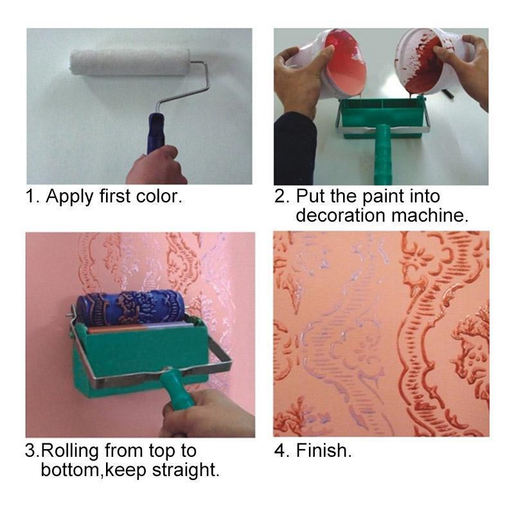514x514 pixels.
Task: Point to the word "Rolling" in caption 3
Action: (x=71, y=450)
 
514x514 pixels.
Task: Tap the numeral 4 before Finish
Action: (x=279, y=450)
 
